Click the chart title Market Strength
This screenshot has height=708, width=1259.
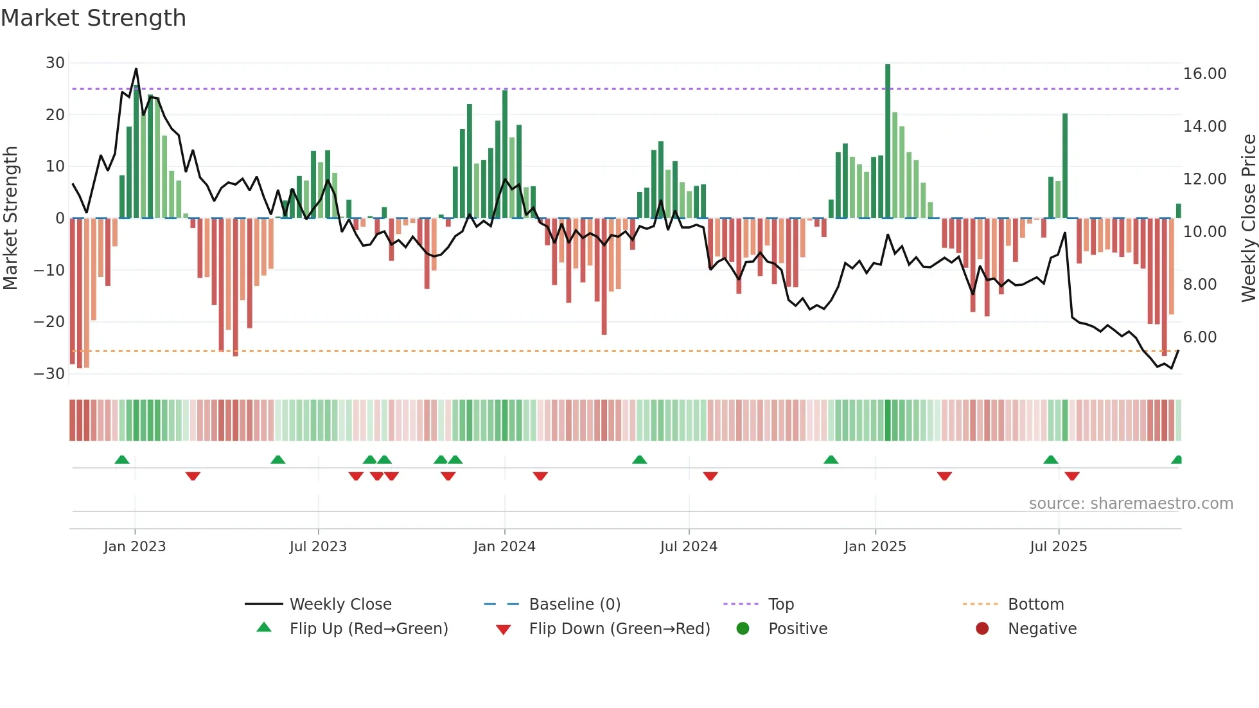[x=93, y=18]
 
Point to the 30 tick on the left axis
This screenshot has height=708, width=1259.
[x=55, y=63]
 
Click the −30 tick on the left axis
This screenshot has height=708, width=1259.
[x=49, y=374]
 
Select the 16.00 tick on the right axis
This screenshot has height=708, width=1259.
[x=1204, y=74]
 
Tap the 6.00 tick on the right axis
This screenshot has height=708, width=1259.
[x=1199, y=337]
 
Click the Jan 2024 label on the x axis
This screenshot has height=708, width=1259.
[x=504, y=547]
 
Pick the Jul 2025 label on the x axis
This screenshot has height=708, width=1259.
[x=1058, y=547]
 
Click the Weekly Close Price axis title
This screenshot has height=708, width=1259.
[x=1248, y=218]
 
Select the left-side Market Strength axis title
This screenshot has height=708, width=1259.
[x=11, y=218]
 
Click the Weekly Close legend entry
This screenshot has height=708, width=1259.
[x=340, y=605]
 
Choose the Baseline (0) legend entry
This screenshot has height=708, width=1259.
[x=574, y=605]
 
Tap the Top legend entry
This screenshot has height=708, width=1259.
[x=780, y=605]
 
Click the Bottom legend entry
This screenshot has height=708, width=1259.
[x=1035, y=605]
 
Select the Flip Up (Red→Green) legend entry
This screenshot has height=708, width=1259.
[x=368, y=629]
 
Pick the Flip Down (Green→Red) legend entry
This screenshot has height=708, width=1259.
[x=619, y=629]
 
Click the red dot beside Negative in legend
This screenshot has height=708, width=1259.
[x=982, y=629]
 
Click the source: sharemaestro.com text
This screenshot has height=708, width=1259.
[x=1131, y=504]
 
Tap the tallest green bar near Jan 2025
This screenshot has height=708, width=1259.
[x=888, y=141]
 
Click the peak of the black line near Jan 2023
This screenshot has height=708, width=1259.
[x=136, y=69]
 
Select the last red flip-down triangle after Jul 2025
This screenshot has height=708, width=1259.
[x=1072, y=476]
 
